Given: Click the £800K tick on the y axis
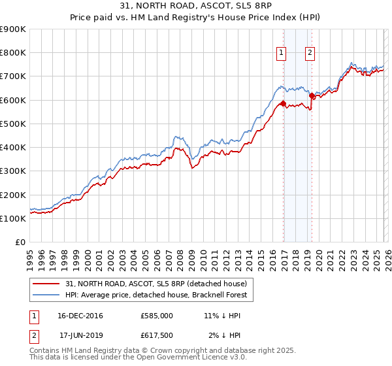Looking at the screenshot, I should [13, 53].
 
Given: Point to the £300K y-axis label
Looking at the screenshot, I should [13, 171].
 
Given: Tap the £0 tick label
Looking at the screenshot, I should [21, 242].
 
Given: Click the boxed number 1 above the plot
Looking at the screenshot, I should [281, 54].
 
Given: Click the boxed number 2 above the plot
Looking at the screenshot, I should [310, 54].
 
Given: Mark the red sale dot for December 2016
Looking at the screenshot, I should [282, 103].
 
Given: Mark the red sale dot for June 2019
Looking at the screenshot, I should [312, 96].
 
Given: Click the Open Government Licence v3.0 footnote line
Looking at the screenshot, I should [138, 358].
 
